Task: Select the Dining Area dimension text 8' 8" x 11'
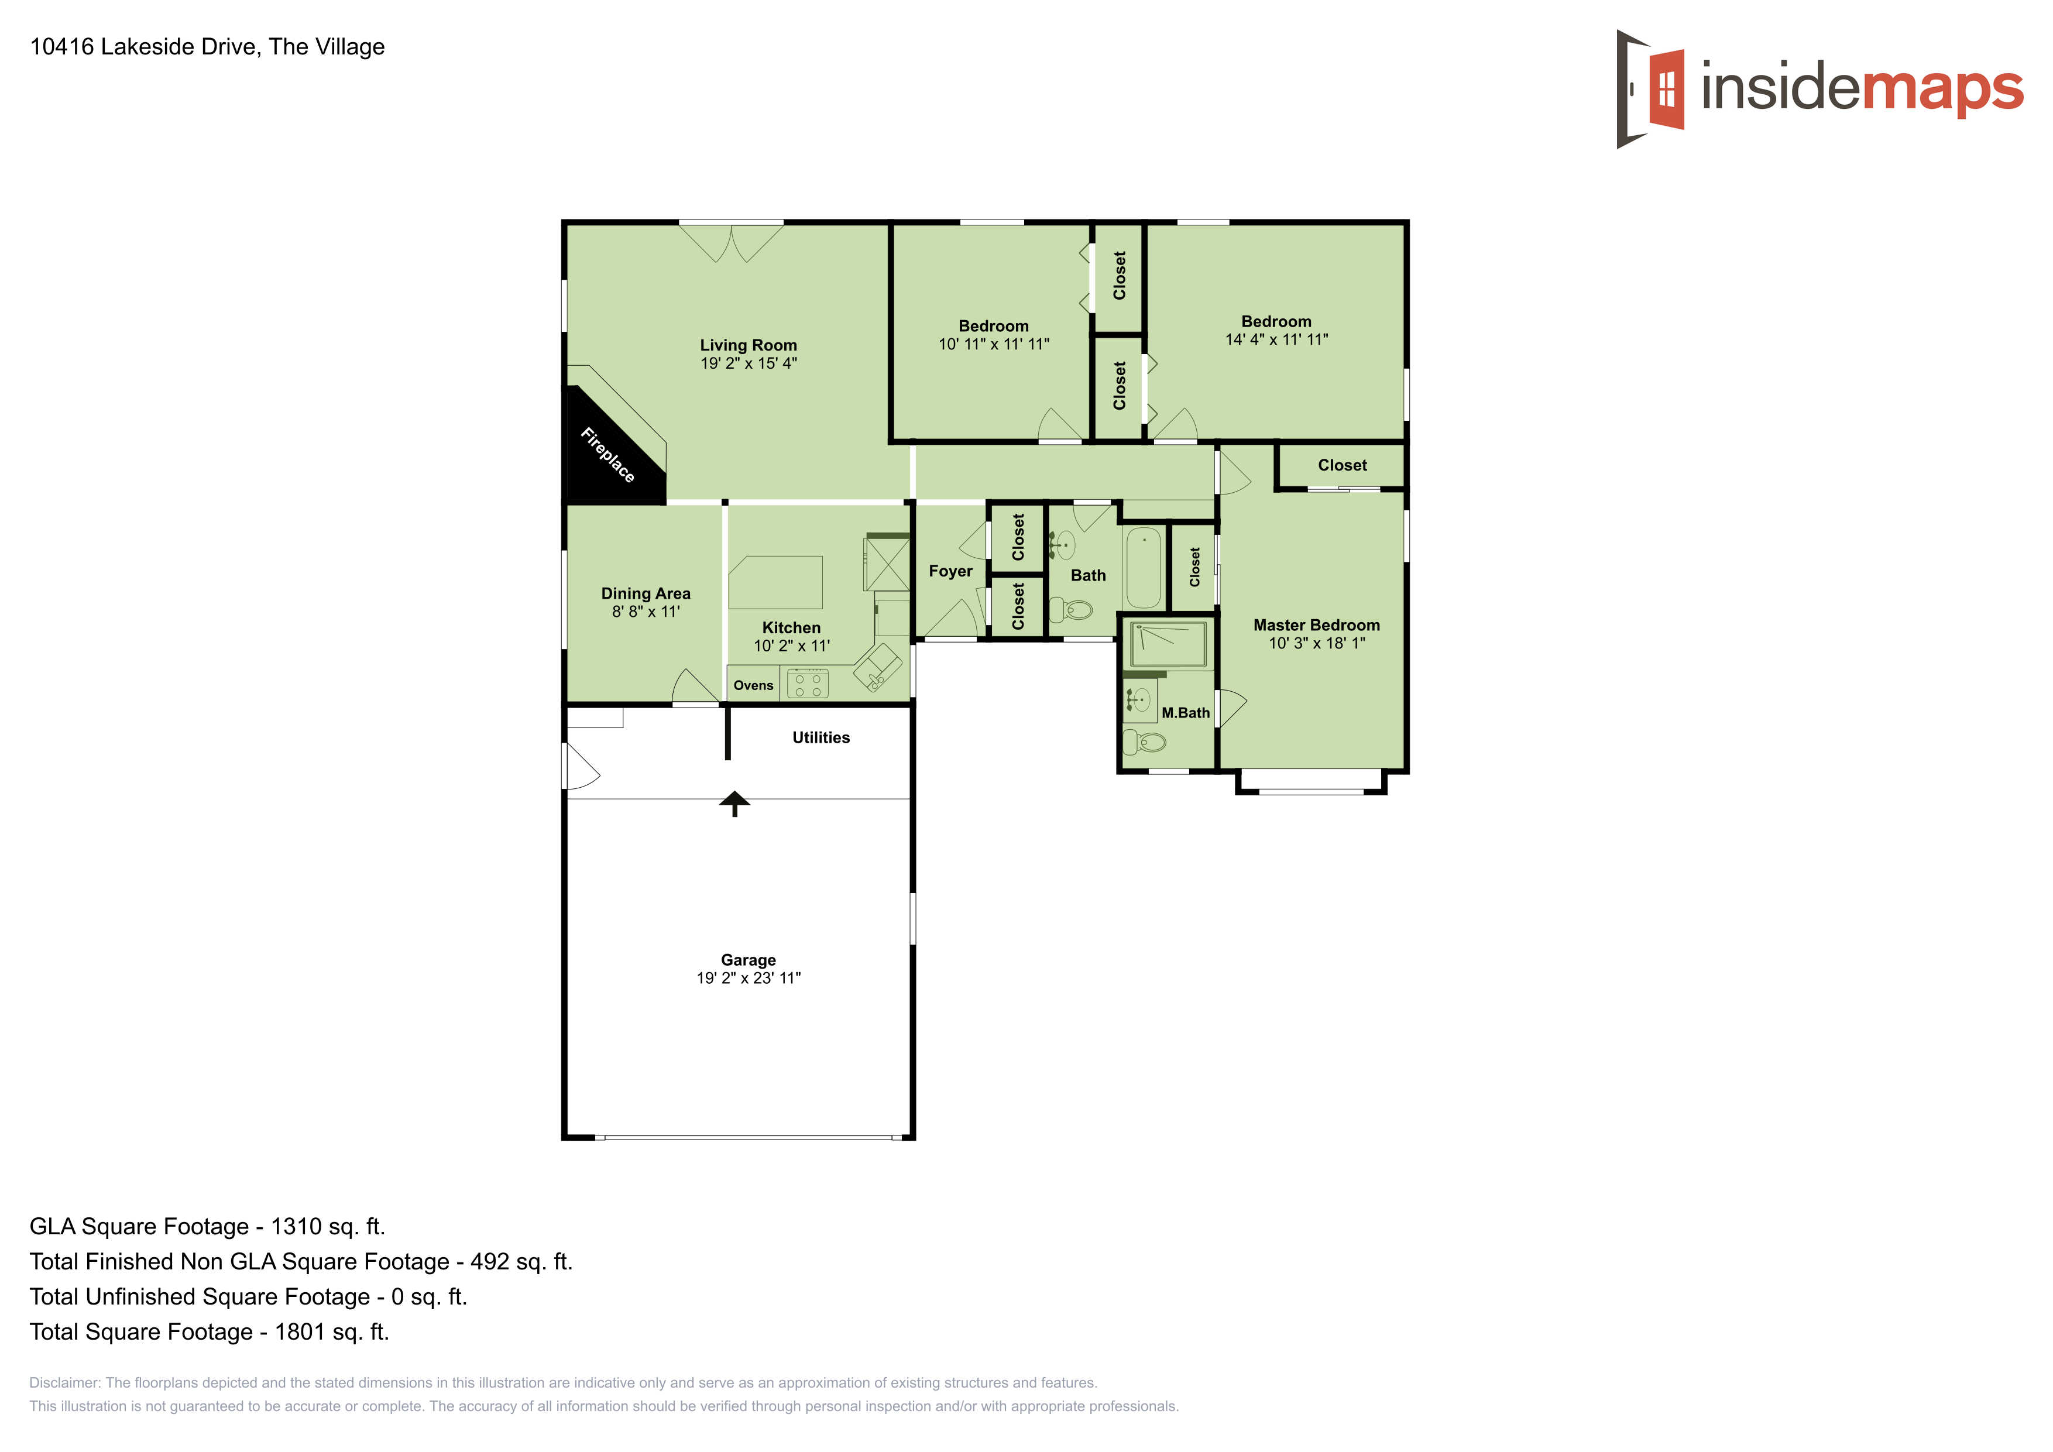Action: (x=646, y=612)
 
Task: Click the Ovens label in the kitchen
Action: (x=753, y=686)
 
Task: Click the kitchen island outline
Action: (x=775, y=582)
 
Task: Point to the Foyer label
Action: (x=950, y=571)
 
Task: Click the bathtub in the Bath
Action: (x=1143, y=568)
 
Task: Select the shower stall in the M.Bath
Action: (x=1168, y=644)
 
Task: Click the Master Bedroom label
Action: (x=1316, y=625)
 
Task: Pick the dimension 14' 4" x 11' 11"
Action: (x=1276, y=340)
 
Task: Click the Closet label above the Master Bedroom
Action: (x=1341, y=465)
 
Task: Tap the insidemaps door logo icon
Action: (x=1650, y=90)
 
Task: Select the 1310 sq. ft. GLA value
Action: (x=327, y=1227)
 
